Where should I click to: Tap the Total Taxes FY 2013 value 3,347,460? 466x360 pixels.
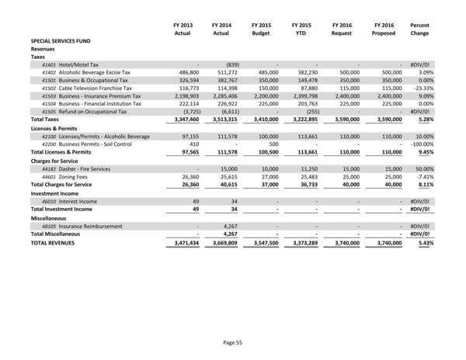[x=178, y=120]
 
